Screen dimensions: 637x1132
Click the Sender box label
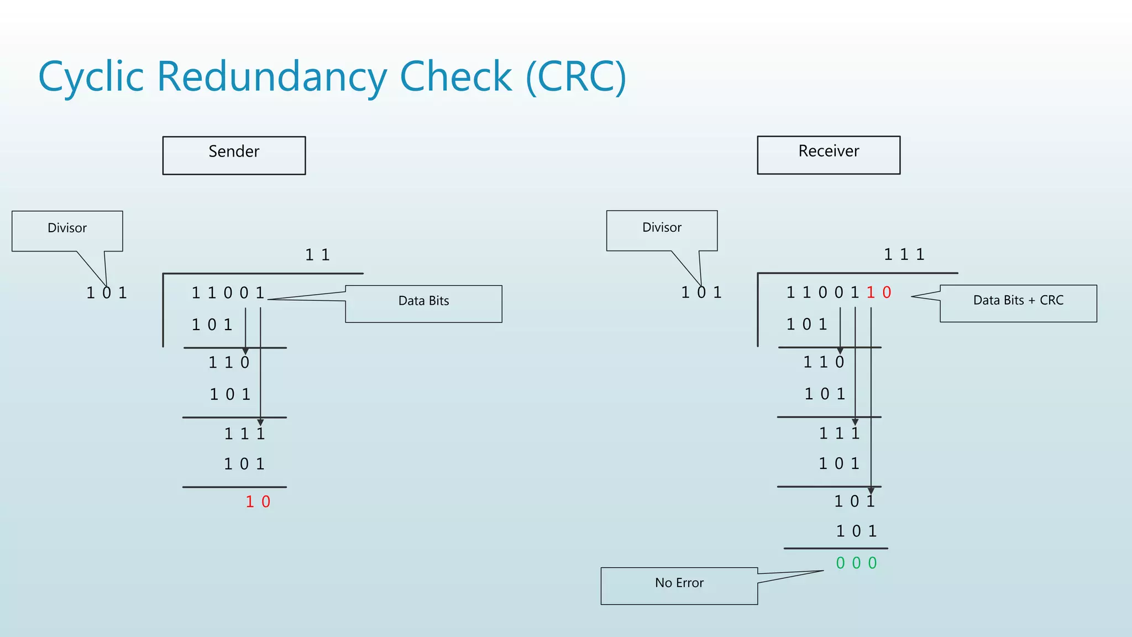(234, 152)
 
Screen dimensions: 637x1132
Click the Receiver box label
(829, 152)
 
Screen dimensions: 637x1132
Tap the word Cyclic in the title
(91, 77)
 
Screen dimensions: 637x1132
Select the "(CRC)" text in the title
(575, 77)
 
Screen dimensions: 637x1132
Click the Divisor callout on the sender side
(67, 228)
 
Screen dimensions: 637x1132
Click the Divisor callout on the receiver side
(662, 228)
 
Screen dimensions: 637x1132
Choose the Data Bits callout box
(423, 301)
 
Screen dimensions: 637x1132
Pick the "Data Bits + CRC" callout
(1018, 301)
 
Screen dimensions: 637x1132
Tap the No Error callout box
(679, 583)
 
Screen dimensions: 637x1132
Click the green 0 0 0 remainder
(856, 563)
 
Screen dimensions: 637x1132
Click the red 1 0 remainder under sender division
(258, 502)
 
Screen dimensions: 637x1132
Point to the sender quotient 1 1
(317, 255)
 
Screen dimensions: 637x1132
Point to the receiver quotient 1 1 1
(904, 254)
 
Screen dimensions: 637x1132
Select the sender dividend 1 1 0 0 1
(228, 293)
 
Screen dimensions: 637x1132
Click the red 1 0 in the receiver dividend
(879, 293)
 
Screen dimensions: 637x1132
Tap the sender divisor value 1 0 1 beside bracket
(107, 293)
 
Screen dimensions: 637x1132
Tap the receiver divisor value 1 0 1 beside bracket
(701, 293)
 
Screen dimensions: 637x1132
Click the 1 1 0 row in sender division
(229, 363)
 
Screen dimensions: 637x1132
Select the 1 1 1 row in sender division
(244, 434)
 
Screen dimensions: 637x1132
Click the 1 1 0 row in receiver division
(824, 362)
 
